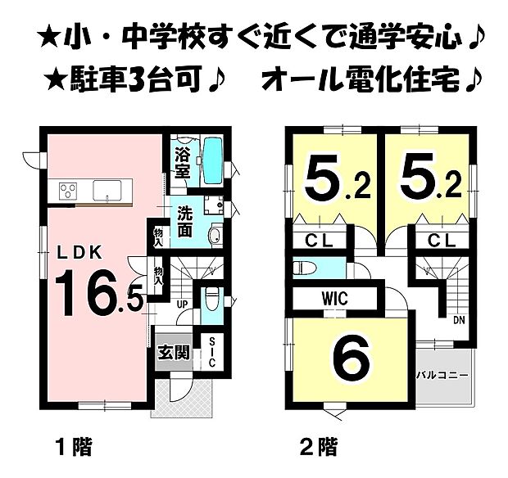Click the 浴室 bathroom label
[x=182, y=161]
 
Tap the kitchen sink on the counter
[x=107, y=190]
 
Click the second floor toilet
[x=306, y=267]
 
